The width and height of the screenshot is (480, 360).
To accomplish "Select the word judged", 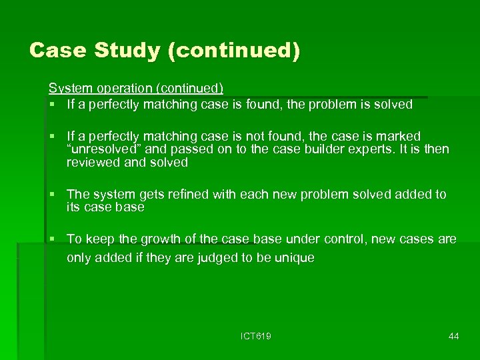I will [x=193, y=257].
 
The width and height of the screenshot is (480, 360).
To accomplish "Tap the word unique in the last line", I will [x=293, y=257].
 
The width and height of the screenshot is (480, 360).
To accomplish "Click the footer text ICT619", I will [x=256, y=336].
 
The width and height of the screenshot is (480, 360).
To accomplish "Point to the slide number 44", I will [x=453, y=336].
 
